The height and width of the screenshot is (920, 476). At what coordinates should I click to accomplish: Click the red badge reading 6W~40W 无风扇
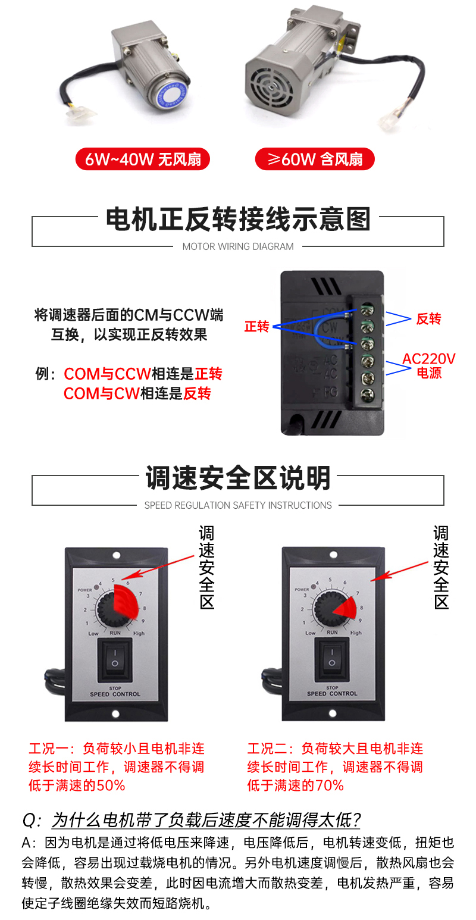click(143, 159)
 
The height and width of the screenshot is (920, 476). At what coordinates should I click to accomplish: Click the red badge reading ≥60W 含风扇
click(315, 159)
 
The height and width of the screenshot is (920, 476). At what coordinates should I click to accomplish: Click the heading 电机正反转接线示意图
click(238, 219)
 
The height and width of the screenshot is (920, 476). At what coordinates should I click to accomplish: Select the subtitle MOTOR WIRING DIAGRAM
click(238, 246)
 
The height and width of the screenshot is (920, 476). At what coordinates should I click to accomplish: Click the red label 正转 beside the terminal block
click(257, 327)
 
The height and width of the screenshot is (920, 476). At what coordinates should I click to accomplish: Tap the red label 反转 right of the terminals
click(428, 318)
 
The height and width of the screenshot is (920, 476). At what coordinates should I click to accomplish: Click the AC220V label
click(428, 359)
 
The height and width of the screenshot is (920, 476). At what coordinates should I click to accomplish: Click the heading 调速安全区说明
click(238, 478)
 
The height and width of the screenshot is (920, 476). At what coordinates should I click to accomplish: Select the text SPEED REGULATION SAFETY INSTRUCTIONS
click(238, 505)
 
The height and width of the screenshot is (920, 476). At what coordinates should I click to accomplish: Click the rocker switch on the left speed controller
click(115, 659)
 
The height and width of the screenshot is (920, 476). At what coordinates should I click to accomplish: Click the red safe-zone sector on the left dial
click(127, 601)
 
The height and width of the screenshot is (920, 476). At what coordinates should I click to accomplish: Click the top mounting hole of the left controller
click(117, 556)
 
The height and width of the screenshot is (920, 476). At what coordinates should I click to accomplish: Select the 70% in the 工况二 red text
click(330, 786)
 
